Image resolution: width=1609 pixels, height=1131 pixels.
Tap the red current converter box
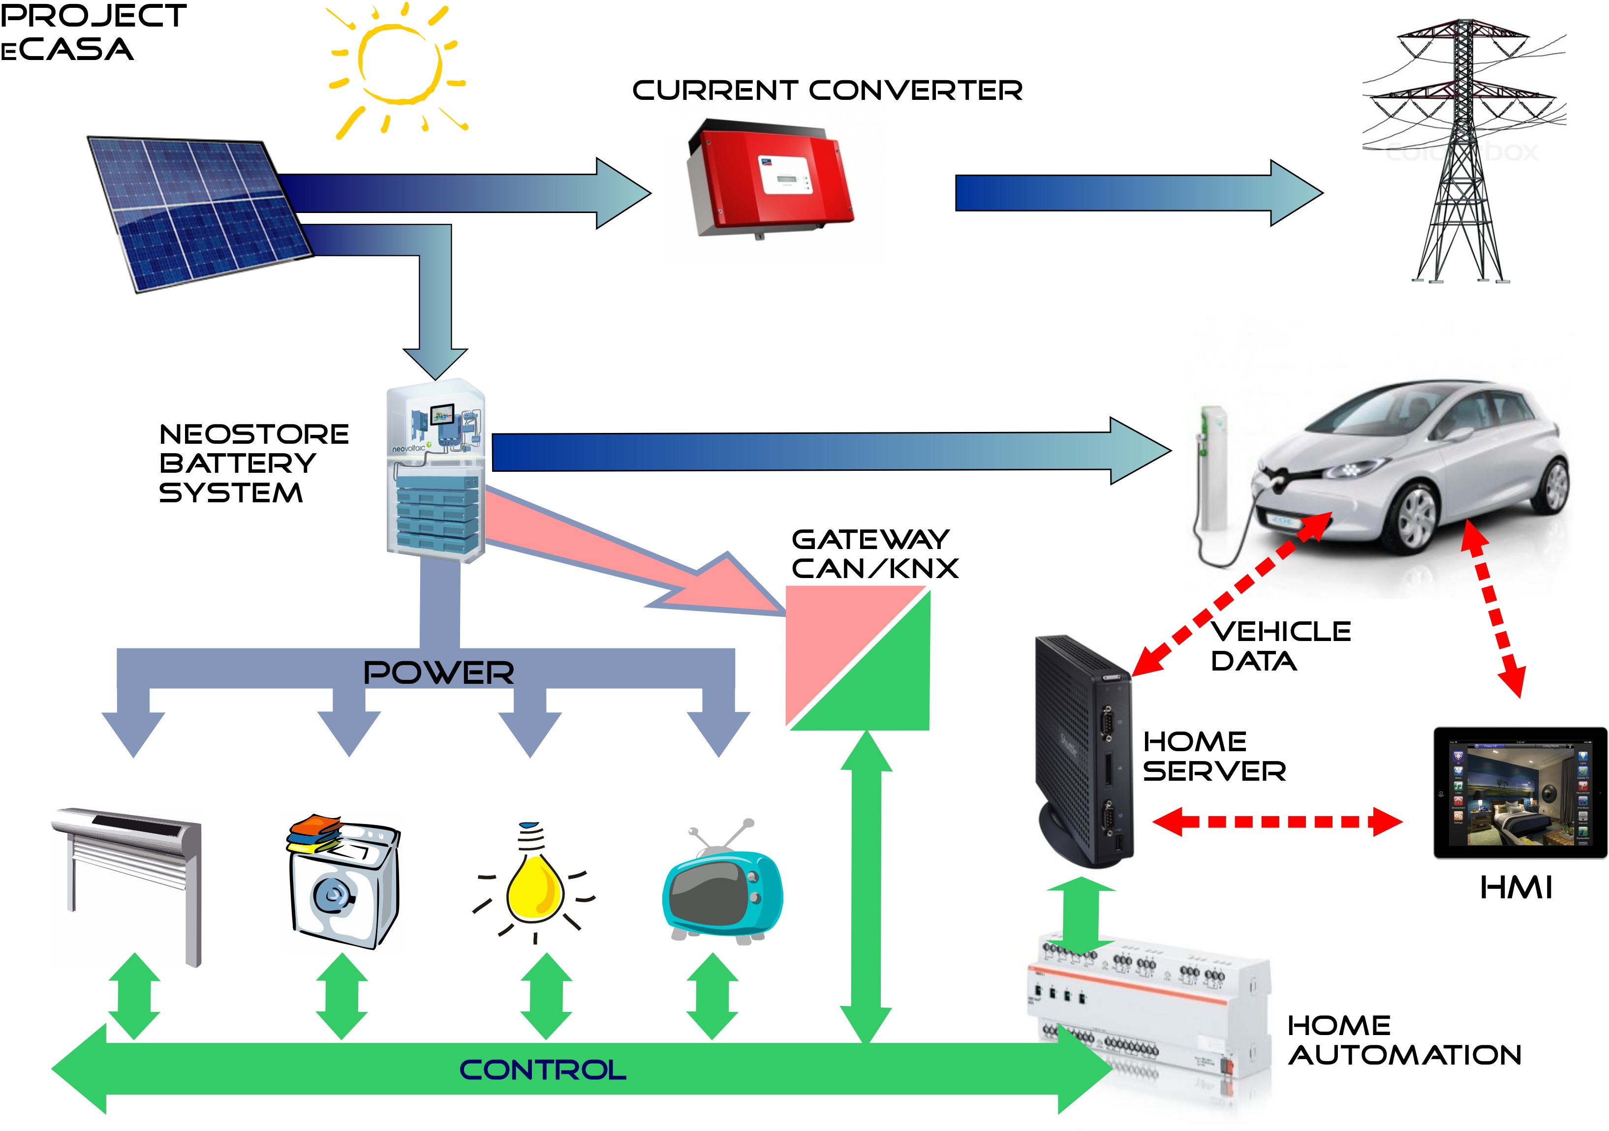(x=770, y=179)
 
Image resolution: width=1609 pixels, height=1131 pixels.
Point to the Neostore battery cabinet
(x=435, y=469)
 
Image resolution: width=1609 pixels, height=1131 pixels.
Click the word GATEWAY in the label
(x=870, y=540)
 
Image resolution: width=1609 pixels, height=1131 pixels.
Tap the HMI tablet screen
(x=1519, y=793)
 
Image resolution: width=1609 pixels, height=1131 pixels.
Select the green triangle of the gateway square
(x=887, y=683)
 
